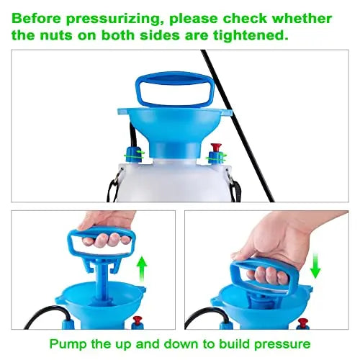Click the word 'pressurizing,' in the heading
(113, 19)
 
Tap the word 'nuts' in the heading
(55, 36)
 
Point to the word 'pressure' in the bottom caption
(282, 345)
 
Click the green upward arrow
(142, 269)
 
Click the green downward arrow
(315, 266)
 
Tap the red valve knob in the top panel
(216, 148)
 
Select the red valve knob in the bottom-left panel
(137, 320)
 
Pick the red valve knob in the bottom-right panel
(303, 323)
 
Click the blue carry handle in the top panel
(175, 90)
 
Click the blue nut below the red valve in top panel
(215, 158)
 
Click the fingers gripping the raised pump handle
(107, 240)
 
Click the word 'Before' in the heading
(36, 19)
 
